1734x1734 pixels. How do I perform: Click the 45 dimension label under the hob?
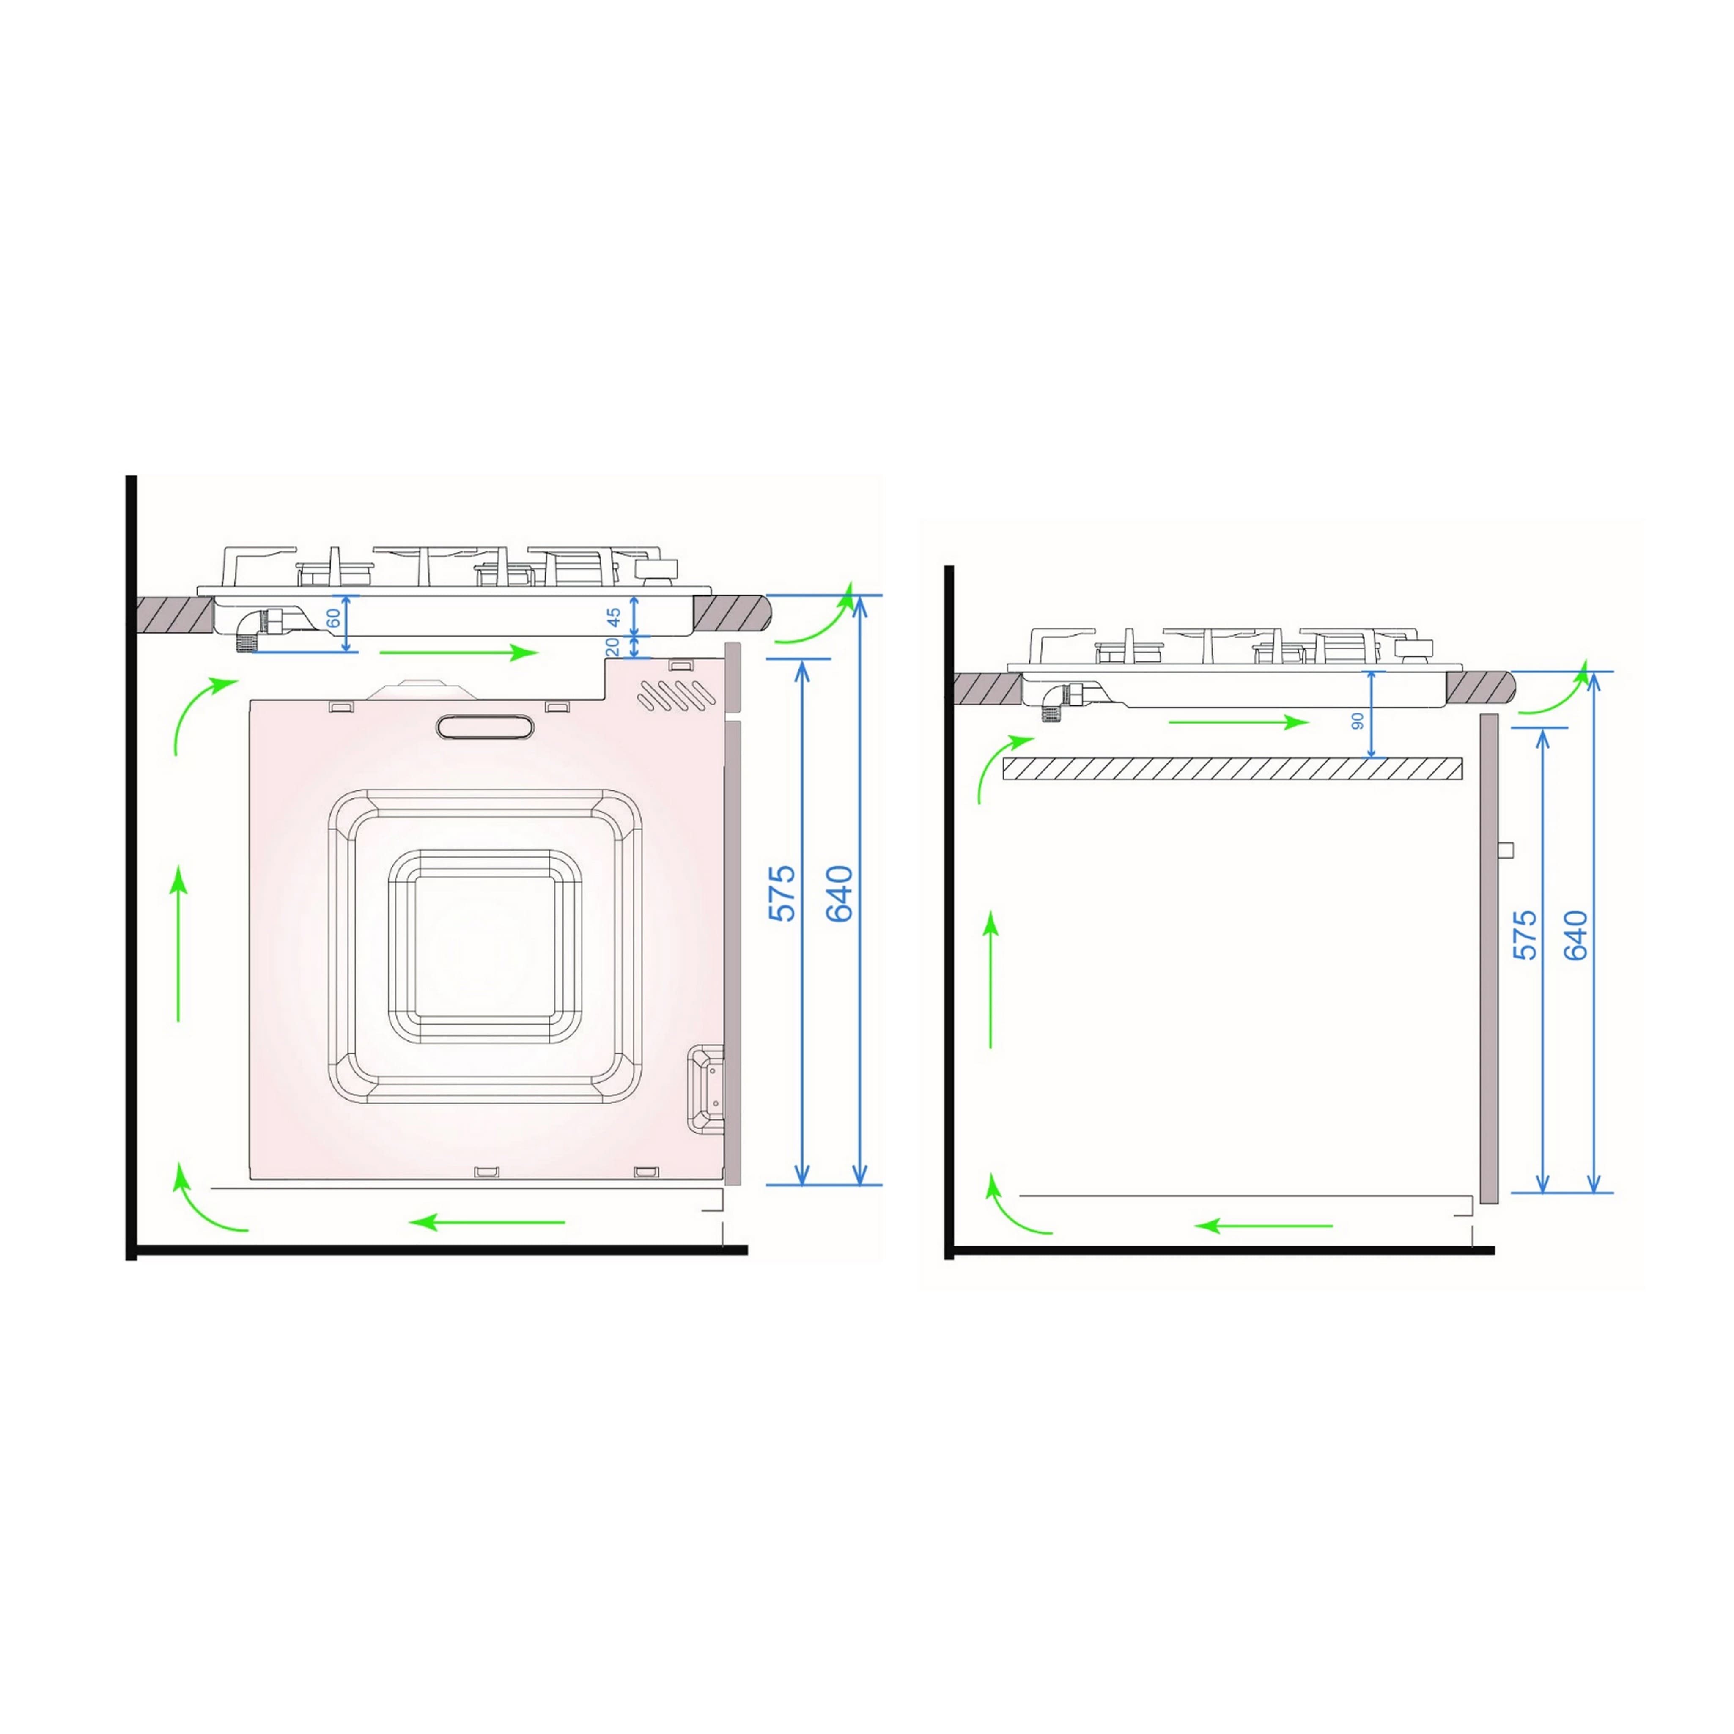click(x=614, y=617)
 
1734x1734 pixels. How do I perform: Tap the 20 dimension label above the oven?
click(x=613, y=646)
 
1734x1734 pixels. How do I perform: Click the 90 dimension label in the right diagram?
click(x=1358, y=721)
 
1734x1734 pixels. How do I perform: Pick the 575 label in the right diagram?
click(x=1526, y=935)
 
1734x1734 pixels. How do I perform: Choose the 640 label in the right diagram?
click(x=1576, y=935)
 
